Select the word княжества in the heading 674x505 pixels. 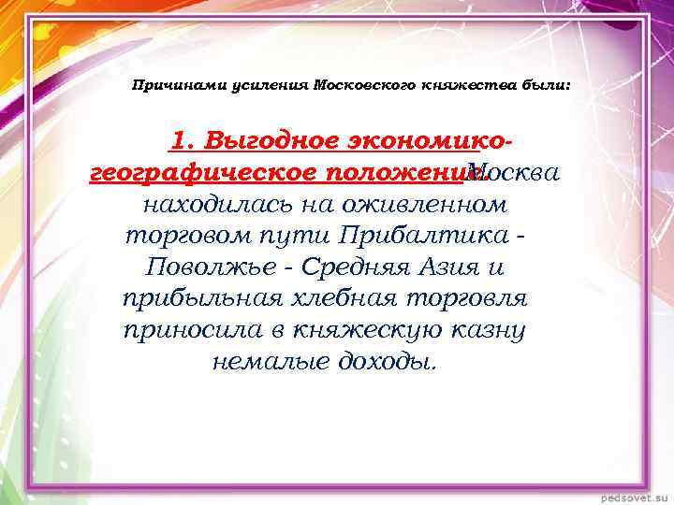(456, 85)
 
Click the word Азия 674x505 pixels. (454, 267)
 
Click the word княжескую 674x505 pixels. (359, 329)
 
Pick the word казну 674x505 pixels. (486, 329)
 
